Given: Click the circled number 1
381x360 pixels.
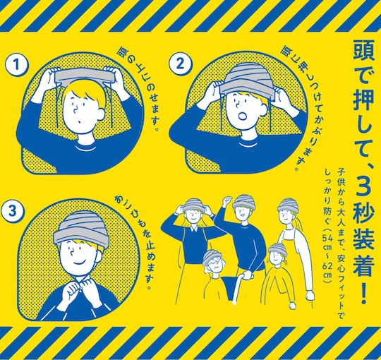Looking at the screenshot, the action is coord(16,65).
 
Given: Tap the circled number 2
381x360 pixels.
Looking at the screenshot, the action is coord(180,64).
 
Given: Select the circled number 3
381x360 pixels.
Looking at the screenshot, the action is coord(13,211).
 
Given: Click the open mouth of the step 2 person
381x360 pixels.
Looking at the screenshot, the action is coord(243,116).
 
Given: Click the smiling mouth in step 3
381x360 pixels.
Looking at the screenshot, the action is coord(79,263).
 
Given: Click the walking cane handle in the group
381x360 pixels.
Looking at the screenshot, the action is coord(248,275).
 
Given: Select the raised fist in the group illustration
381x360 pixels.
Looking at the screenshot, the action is coord(227,200).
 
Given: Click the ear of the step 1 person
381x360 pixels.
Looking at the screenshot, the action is coord(102,112).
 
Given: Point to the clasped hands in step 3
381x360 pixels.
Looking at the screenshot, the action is coord(78,288).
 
